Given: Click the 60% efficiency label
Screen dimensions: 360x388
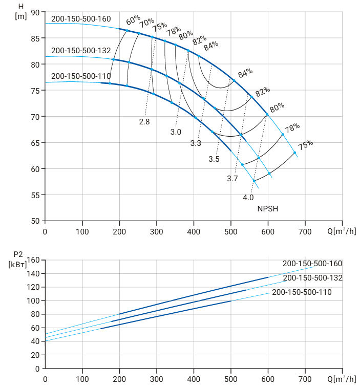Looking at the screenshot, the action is pyautogui.click(x=133, y=20).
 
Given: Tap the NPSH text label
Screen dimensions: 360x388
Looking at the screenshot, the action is pyautogui.click(x=268, y=209).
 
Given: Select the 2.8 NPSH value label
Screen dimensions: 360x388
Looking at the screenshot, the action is pyautogui.click(x=144, y=122).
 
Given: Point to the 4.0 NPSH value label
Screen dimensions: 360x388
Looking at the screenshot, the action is pyautogui.click(x=248, y=198).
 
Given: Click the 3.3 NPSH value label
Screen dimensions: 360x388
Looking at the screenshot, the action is pyautogui.click(x=196, y=143).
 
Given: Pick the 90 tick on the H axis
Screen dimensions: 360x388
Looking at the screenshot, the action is pyautogui.click(x=35, y=12).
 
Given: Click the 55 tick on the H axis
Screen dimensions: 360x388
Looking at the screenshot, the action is pyautogui.click(x=35, y=195).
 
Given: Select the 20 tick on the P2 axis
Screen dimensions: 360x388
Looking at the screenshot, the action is pyautogui.click(x=35, y=355).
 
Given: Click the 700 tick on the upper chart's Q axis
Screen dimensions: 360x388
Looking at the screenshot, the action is pyautogui.click(x=305, y=232).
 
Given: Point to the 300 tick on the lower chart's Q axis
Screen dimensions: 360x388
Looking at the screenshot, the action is pyautogui.click(x=157, y=379).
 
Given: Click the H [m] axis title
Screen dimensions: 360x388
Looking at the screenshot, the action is pyautogui.click(x=21, y=11).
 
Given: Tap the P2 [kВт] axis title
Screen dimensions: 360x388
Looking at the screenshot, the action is pyautogui.click(x=17, y=260).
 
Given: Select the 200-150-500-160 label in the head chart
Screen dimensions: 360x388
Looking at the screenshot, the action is pyautogui.click(x=81, y=19).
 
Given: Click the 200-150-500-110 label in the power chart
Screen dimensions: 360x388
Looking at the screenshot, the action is pyautogui.click(x=302, y=292).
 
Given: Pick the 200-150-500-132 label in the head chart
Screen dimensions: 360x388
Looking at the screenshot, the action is pyautogui.click(x=81, y=51).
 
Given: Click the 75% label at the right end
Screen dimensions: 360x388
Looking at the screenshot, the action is pyautogui.click(x=305, y=145).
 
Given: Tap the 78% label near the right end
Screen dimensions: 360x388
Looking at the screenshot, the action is pyautogui.click(x=292, y=128).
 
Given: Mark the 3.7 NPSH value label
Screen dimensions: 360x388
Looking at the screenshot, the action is pyautogui.click(x=232, y=179).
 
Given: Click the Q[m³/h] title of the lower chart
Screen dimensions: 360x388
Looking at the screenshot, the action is pyautogui.click(x=342, y=379).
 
